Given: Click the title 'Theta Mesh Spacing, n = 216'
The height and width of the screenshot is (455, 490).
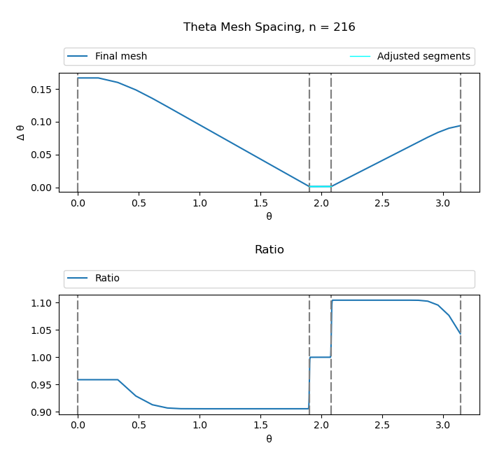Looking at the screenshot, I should click(x=269, y=27).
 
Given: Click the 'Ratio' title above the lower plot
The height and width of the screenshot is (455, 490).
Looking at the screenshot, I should click(x=269, y=250).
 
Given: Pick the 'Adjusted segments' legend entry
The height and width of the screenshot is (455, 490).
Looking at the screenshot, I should click(x=423, y=57).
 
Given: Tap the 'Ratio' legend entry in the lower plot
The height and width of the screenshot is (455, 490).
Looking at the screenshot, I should click(x=107, y=279).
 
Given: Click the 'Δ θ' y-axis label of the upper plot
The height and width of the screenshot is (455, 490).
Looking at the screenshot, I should click(x=20, y=132).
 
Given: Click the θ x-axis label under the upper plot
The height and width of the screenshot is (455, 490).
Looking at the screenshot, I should click(x=269, y=216).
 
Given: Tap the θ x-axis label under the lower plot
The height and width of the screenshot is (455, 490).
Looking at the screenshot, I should click(x=269, y=439).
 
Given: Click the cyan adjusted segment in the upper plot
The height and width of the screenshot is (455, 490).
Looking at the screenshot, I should click(x=320, y=186).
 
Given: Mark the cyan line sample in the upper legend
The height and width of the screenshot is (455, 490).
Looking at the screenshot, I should click(x=360, y=57).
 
